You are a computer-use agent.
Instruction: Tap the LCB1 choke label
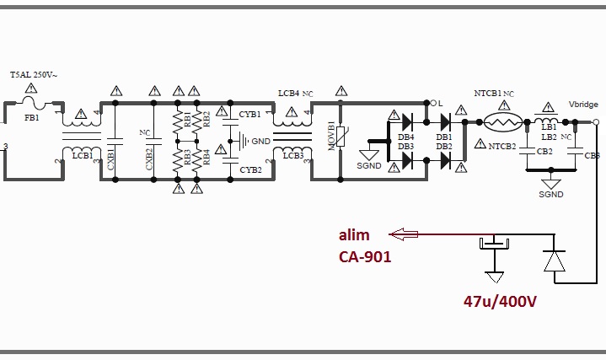pyautogui.click(x=83, y=155)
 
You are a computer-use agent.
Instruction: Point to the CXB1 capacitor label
pyautogui.click(x=110, y=157)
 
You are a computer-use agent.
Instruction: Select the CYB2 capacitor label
pyautogui.click(x=249, y=169)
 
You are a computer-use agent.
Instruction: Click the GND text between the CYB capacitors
pyautogui.click(x=261, y=141)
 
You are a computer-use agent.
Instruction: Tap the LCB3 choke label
pyautogui.click(x=292, y=155)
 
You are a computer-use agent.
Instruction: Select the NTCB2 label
pyautogui.click(x=502, y=145)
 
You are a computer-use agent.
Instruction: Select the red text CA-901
pyautogui.click(x=365, y=256)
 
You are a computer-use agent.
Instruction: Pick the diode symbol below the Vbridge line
pyautogui.click(x=553, y=261)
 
